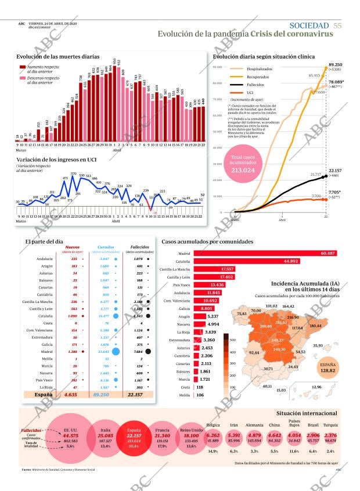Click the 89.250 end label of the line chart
pyautogui.click(x=335, y=64)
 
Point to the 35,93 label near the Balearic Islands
pyautogui.click(x=318, y=345)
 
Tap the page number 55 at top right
pyautogui.click(x=337, y=25)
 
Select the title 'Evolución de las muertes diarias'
pyautogui.click(x=57, y=56)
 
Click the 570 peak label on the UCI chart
pyautogui.click(x=74, y=174)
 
